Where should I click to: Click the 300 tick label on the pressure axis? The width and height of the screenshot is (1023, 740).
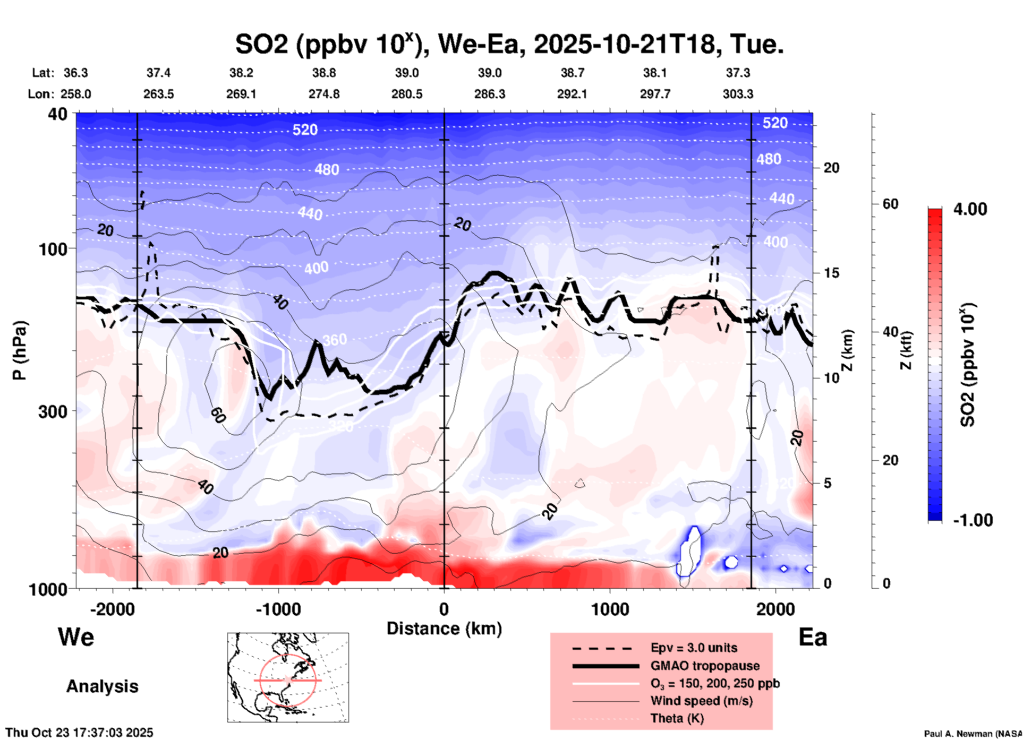53,411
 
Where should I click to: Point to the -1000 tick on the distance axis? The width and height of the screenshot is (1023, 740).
278,609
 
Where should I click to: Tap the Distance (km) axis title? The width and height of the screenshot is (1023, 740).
444,629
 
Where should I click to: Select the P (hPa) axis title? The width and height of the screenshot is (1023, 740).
20,350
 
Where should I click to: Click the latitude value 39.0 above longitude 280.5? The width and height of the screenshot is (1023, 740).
406,73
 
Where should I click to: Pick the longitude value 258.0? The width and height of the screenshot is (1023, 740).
75,94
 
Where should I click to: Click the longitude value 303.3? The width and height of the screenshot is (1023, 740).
738,94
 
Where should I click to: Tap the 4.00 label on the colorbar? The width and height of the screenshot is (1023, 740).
970,209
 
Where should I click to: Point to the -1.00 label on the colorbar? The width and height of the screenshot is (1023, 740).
973,520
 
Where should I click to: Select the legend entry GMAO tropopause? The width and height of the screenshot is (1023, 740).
705,666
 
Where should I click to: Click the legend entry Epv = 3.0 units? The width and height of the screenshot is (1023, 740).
694,648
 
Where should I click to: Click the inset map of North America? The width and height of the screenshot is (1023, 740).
288,677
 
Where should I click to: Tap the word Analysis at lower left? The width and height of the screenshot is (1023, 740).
102,686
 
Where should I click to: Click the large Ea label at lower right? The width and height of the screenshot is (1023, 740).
813,638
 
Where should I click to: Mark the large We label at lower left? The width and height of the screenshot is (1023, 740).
76,636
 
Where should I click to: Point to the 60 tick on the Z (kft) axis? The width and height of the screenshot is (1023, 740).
890,204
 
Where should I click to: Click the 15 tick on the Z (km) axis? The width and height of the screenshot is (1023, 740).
831,273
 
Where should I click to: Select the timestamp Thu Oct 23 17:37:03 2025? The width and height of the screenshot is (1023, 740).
79,733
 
